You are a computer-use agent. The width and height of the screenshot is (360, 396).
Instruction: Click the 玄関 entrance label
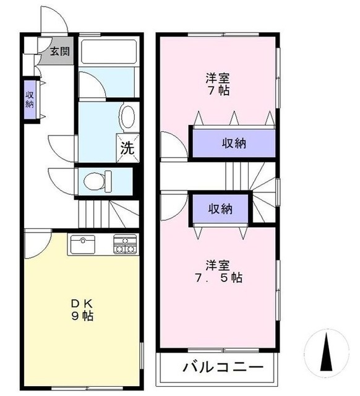click(59, 52)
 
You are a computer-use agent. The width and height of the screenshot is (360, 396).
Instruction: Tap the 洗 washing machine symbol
click(127, 148)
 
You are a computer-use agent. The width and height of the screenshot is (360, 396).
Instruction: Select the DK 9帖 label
click(81, 309)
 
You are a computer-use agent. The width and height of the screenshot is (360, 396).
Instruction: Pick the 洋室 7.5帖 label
click(216, 271)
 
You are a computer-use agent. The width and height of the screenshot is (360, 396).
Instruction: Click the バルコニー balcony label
click(218, 367)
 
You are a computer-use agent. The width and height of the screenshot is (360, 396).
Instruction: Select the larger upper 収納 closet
click(233, 144)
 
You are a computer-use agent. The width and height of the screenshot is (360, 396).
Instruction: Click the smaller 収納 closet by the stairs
click(220, 209)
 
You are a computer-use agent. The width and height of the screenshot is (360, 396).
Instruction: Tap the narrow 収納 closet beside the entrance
click(30, 100)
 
